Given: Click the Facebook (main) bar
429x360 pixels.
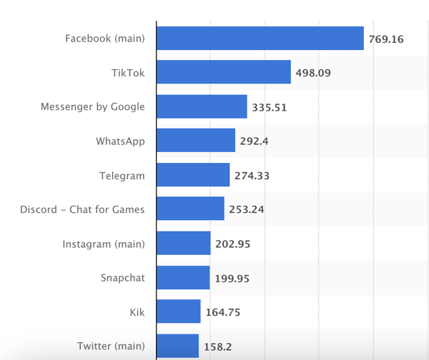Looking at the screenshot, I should click(260, 39).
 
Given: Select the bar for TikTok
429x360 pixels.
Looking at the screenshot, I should click(223, 72).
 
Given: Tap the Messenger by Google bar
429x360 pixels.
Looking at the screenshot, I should click(202, 106).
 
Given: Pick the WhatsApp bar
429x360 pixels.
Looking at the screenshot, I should click(196, 141).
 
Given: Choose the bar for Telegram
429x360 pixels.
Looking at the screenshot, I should click(193, 175).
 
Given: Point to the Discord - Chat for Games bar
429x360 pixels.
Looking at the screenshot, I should click(190, 209).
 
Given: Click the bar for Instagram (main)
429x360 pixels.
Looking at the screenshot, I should click(183, 243).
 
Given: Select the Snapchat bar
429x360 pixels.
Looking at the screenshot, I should click(182, 277).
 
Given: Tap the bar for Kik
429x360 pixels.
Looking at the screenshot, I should click(178, 311).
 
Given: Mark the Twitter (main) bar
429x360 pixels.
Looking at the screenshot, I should click(177, 346).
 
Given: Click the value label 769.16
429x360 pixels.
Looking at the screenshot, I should click(386, 39).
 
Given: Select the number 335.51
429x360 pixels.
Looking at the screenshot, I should click(269, 107).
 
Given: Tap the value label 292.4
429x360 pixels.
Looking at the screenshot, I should click(254, 141).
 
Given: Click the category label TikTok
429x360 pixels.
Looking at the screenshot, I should click(128, 72).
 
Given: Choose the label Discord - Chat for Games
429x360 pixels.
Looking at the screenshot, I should click(82, 209).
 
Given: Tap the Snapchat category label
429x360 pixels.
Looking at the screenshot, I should click(122, 277).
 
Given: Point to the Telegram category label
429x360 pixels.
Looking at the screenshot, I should click(122, 175).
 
